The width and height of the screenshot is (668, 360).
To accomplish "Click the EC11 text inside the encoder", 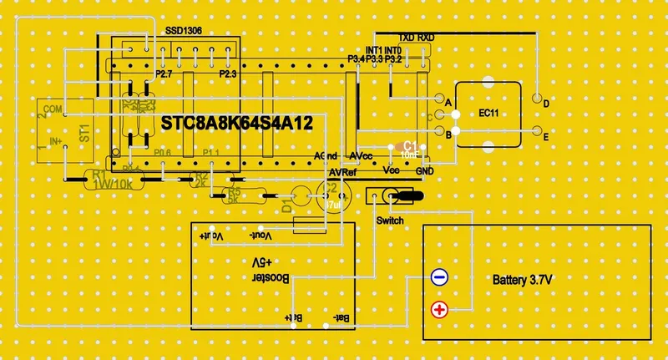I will point(489,113).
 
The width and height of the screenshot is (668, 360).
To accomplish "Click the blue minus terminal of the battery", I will point(439,278).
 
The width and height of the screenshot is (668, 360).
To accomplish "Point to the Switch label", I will point(391,221).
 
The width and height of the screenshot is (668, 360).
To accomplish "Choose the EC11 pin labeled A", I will point(440,102).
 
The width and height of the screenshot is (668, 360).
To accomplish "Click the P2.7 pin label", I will point(164,75).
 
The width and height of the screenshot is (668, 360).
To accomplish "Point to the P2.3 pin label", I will point(228,75).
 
